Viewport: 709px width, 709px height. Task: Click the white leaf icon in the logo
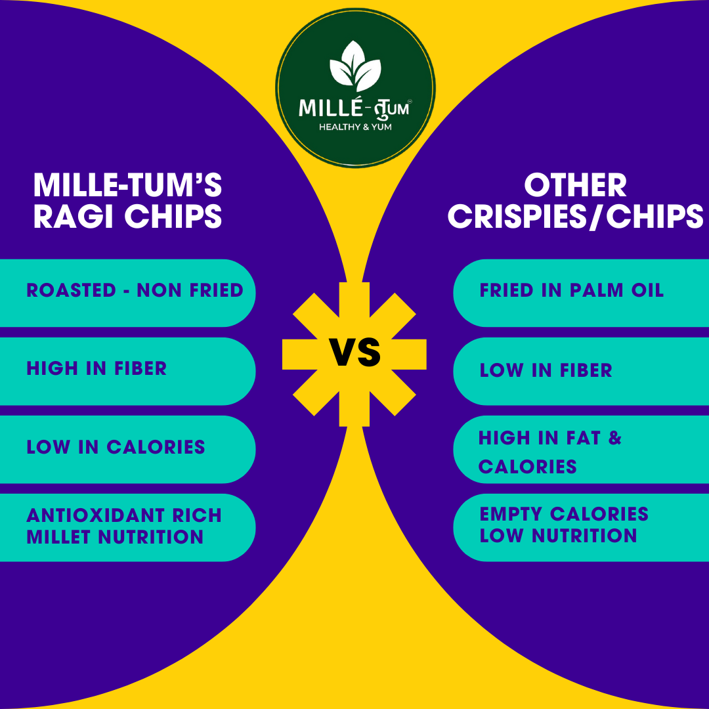[355, 66]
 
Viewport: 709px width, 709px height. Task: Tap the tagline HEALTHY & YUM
[355, 127]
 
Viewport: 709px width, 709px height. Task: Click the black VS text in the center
[355, 353]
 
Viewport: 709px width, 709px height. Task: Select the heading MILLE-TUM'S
[127, 185]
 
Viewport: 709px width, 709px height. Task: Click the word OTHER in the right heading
[575, 185]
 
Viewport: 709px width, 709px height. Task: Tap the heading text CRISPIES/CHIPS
[575, 217]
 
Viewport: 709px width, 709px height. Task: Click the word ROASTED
[72, 290]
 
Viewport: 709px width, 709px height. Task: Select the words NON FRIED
[190, 290]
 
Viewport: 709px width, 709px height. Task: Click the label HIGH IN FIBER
[97, 368]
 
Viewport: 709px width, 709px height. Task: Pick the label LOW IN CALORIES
[116, 447]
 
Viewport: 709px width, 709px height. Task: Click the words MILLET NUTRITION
[115, 537]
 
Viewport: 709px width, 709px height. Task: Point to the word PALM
[596, 290]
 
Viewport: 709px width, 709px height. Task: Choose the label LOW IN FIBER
[546, 370]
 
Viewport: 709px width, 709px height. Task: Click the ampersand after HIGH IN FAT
[615, 438]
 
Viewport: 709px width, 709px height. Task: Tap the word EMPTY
[511, 514]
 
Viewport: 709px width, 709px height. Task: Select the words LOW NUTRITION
[559, 536]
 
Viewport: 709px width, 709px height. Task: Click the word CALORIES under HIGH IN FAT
[528, 467]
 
